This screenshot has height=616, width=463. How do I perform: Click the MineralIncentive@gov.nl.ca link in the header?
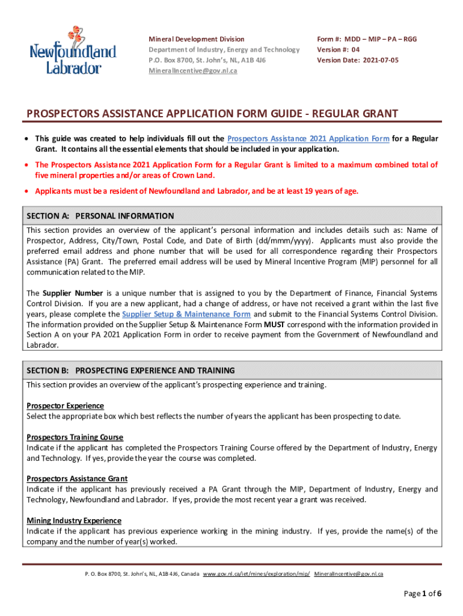[193, 71]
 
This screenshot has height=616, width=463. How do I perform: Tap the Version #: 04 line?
[339, 50]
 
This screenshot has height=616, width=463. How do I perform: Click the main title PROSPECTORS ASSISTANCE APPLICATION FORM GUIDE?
[212, 114]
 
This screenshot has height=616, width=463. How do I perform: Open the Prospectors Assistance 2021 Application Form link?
[308, 139]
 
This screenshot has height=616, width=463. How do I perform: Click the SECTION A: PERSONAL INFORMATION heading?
[100, 216]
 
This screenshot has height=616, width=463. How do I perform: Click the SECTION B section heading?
[130, 371]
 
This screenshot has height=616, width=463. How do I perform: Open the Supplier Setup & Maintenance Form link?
[186, 315]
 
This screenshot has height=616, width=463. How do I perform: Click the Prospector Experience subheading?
[65, 406]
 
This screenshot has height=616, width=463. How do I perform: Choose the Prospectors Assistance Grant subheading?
[77, 479]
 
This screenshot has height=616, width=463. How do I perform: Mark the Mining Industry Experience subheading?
[74, 521]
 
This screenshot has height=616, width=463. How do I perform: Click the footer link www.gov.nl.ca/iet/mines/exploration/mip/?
[257, 574]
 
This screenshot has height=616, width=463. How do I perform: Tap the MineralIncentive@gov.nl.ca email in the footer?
[349, 574]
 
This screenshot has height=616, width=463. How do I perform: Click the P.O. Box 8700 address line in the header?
[207, 60]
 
